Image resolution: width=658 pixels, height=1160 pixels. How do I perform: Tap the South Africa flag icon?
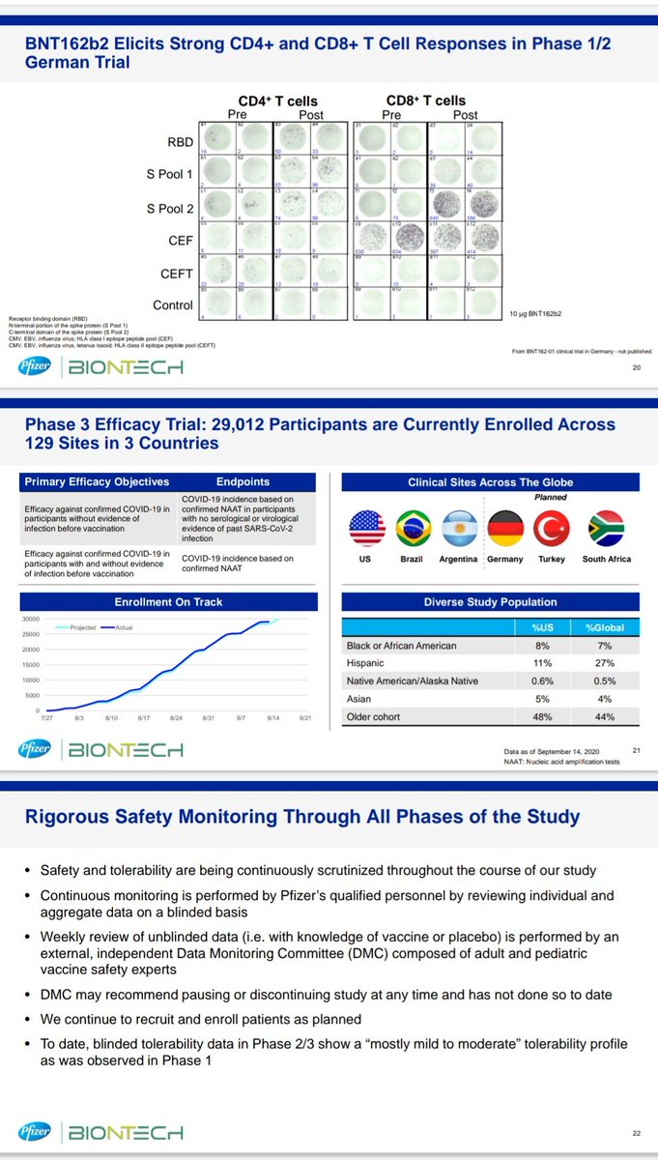coord(607,529)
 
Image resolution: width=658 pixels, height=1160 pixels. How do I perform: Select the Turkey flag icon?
coord(558,529)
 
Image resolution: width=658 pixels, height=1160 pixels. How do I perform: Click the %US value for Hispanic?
coord(543,663)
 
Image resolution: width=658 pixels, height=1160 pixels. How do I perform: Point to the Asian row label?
coord(359,699)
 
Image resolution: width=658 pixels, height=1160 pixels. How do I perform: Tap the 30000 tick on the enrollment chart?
coord(30,620)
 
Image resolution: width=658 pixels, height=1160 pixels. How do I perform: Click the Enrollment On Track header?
coord(169,601)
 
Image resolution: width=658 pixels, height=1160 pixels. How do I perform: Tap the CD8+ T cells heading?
coord(425,100)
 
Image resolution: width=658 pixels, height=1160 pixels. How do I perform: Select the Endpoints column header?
coord(243,481)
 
